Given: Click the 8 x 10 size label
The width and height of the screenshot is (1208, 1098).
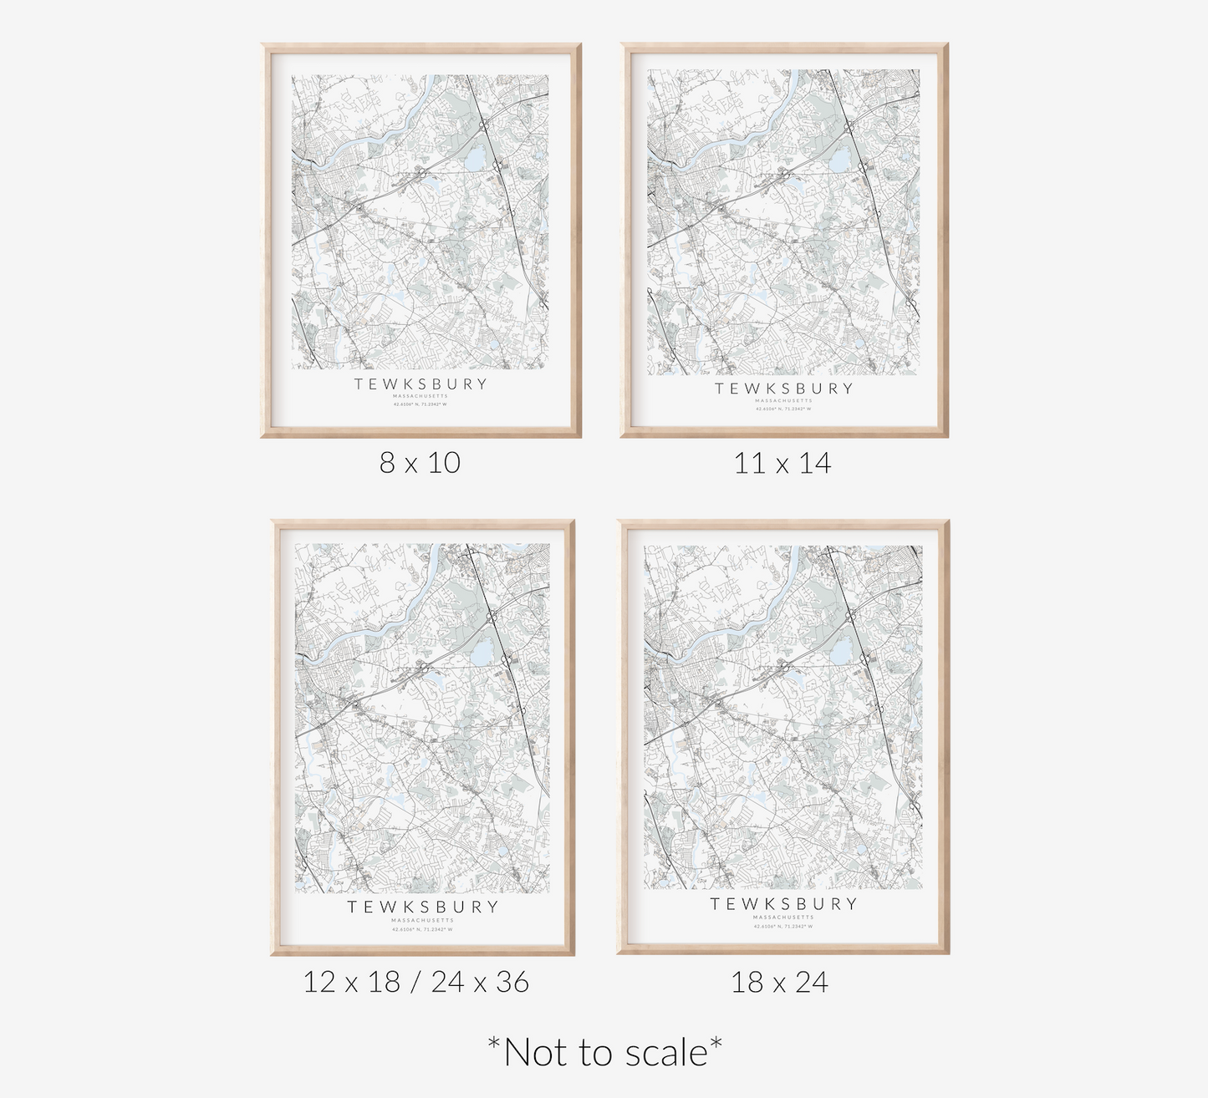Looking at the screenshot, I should click(x=420, y=463).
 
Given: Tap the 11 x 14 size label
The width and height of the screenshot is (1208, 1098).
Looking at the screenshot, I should click(x=782, y=463).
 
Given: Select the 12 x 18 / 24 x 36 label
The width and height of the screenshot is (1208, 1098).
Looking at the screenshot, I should click(x=415, y=982).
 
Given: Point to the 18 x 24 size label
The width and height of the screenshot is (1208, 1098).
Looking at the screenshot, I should click(x=779, y=982).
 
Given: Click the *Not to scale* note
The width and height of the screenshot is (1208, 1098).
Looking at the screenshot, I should click(x=604, y=1052).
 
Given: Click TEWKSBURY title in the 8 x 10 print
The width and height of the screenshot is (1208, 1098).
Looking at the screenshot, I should click(x=421, y=384).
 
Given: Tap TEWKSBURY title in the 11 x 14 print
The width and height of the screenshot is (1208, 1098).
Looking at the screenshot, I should click(x=783, y=389).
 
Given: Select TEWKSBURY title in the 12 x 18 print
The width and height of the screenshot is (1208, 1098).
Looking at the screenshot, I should click(x=422, y=907).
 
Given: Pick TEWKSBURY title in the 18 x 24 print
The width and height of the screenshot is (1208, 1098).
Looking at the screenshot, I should click(x=783, y=904).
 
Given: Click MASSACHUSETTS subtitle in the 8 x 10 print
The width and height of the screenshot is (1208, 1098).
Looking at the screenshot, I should click(x=421, y=396).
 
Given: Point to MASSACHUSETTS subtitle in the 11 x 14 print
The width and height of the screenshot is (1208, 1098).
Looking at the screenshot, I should click(x=783, y=400).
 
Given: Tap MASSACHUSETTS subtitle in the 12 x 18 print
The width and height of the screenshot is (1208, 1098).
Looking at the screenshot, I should click(x=422, y=920).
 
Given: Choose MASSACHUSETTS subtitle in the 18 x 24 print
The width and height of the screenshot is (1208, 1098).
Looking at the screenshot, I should click(x=783, y=918).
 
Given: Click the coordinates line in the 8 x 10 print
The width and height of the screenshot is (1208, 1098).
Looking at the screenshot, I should click(x=421, y=404).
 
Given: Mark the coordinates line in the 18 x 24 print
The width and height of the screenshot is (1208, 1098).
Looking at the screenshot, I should click(x=783, y=926).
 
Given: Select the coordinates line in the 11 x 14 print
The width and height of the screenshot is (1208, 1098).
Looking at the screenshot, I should click(x=783, y=409).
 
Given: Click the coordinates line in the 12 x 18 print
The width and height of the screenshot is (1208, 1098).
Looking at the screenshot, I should click(x=422, y=929).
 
